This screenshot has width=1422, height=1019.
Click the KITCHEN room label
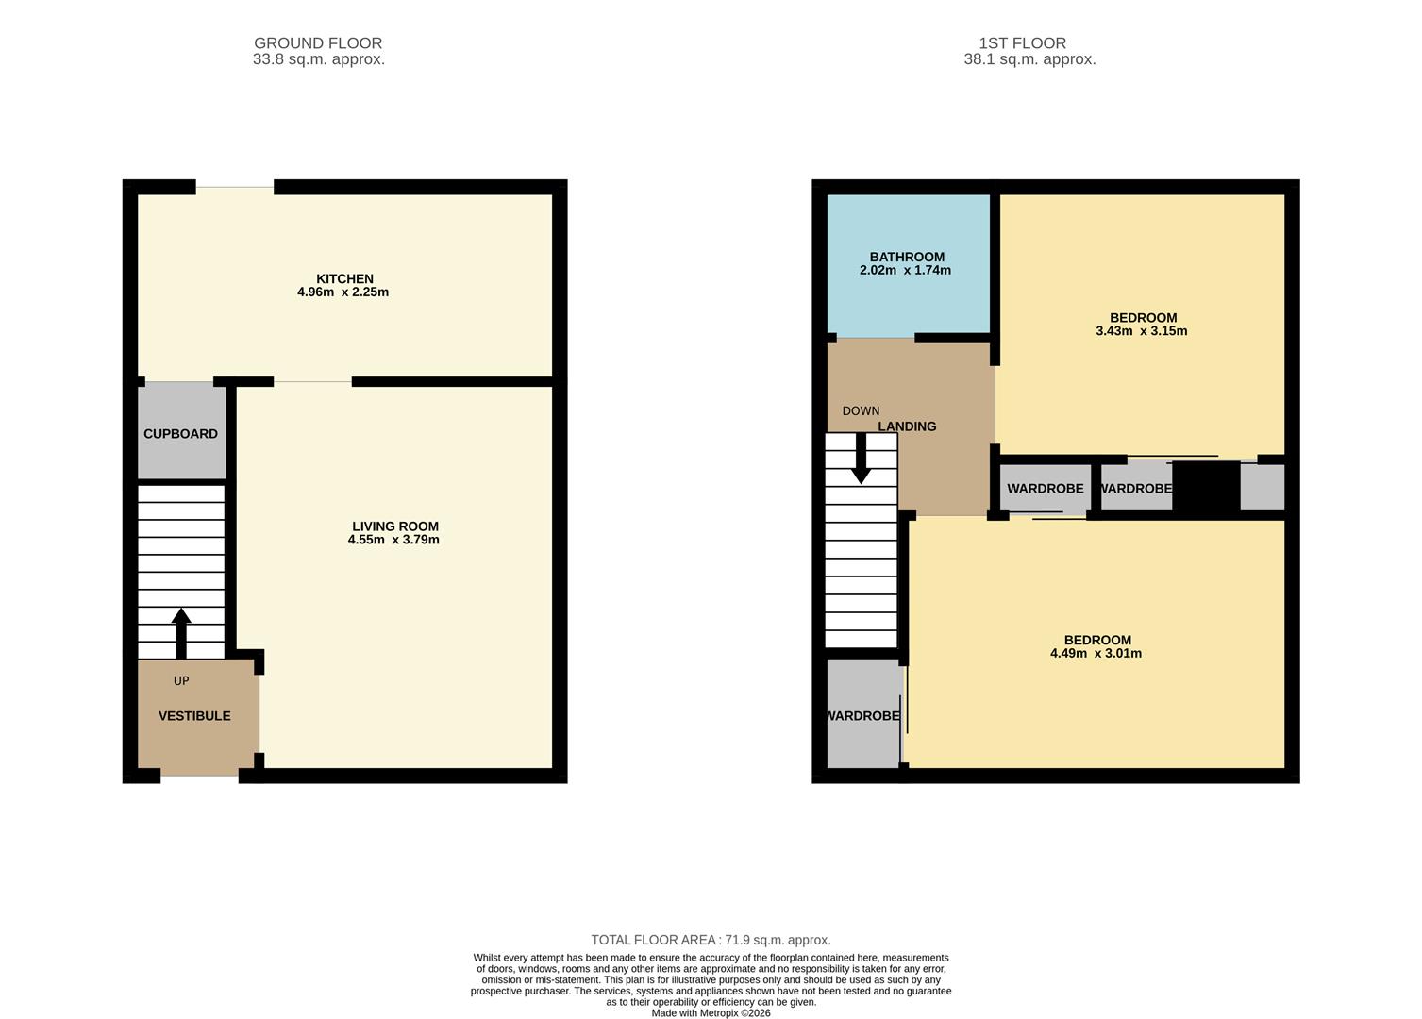[x=344, y=278]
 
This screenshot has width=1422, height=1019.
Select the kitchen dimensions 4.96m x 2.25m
[x=343, y=292]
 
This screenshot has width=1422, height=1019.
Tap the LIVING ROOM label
[x=394, y=526]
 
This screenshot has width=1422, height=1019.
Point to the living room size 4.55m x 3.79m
[x=393, y=541]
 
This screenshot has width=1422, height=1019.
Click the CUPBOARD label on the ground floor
[x=180, y=434]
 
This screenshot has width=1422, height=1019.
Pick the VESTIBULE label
[x=194, y=716]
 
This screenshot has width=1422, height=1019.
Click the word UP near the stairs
[x=181, y=681]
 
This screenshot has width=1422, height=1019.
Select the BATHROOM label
[x=907, y=257]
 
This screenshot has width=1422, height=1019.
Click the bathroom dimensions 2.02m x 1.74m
[x=905, y=271]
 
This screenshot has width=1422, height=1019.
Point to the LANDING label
[x=907, y=426]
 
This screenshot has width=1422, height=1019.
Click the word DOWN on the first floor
[x=861, y=411]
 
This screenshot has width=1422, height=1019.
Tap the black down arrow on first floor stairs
[x=861, y=459]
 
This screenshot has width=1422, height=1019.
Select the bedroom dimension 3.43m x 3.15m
[x=1142, y=331]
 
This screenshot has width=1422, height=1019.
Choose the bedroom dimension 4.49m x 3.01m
[x=1096, y=654]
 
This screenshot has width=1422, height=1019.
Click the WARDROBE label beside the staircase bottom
[x=863, y=716]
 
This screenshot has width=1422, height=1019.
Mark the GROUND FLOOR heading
[x=318, y=43]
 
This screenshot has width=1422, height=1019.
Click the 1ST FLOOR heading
[x=1022, y=43]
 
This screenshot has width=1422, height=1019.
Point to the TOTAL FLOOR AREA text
[x=711, y=940]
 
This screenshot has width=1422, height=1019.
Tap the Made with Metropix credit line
[x=711, y=1013]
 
